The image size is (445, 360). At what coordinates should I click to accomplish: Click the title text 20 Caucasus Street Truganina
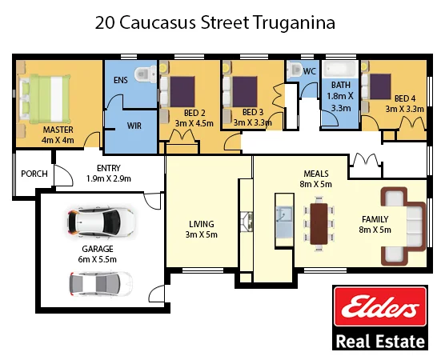pos(214,22)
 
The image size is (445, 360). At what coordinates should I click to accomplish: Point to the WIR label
pos(134,126)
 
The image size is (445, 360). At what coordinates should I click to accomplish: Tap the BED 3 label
pos(253,112)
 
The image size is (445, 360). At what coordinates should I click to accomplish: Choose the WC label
pos(309,71)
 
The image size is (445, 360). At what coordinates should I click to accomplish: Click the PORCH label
pos(34,174)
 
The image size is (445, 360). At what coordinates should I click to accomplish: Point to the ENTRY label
pos(108,168)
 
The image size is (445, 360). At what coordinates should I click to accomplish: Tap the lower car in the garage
pos(99,282)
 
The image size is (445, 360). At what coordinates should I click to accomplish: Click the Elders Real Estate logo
pos(379,318)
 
